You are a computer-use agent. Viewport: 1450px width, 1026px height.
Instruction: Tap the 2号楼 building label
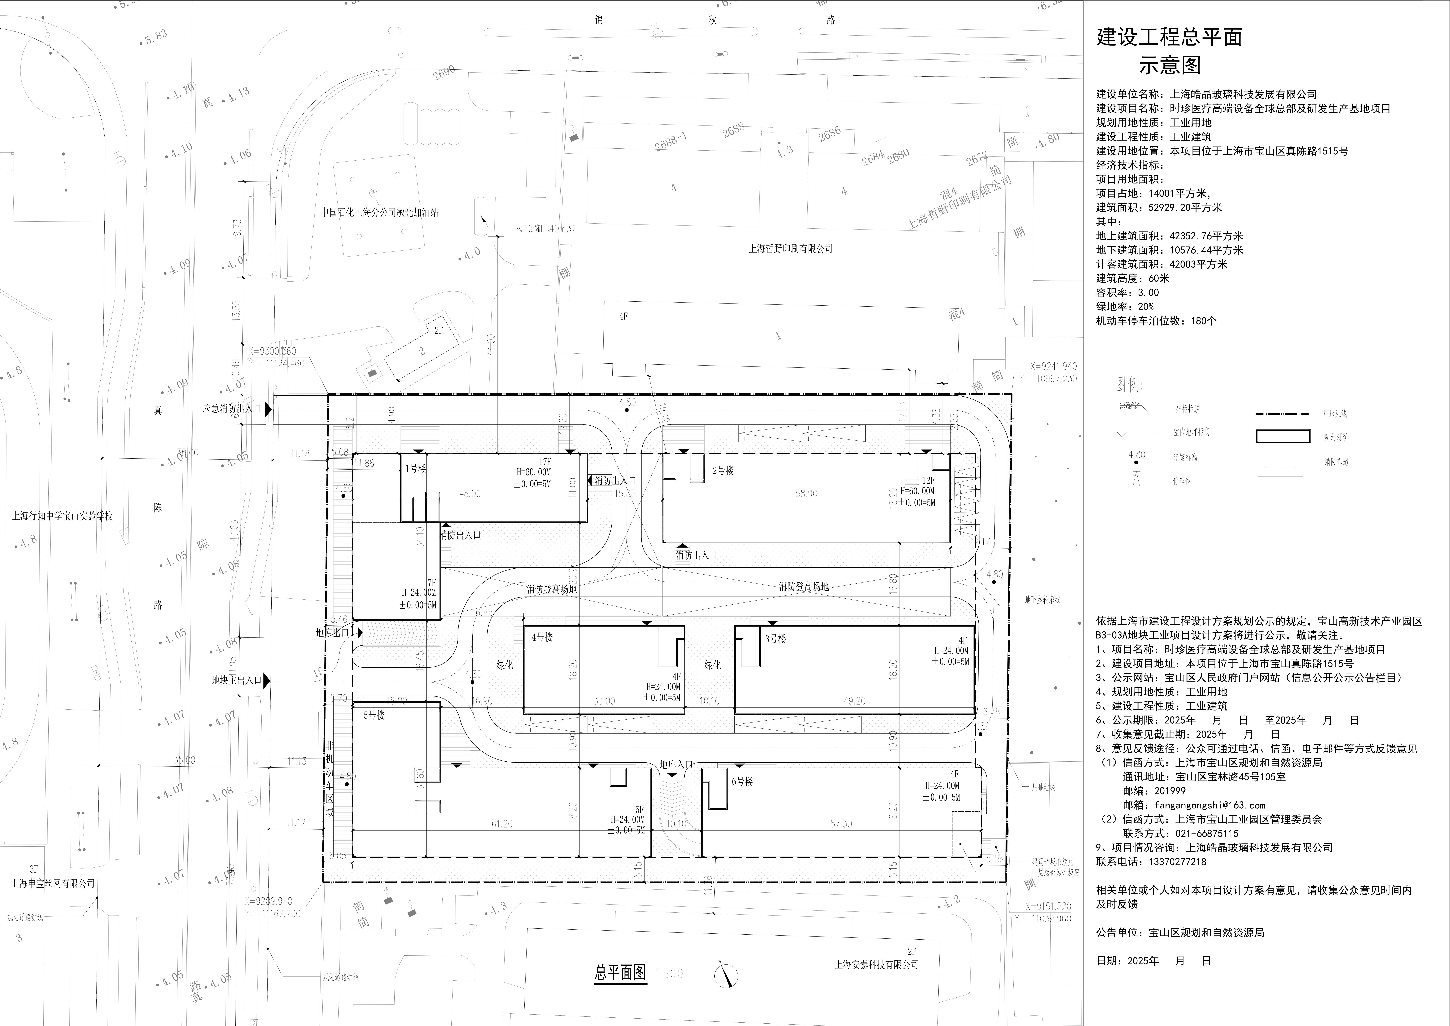(722, 471)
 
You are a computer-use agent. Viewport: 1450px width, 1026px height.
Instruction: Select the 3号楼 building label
(775, 639)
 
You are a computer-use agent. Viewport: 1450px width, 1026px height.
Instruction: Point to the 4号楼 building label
(542, 638)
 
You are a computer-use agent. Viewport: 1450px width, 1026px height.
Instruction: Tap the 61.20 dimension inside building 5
(501, 824)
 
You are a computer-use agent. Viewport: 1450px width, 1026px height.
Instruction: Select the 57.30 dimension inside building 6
(841, 824)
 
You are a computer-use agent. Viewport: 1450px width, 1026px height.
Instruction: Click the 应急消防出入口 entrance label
(232, 409)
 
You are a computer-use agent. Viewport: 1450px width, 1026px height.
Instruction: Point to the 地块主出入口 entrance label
(236, 681)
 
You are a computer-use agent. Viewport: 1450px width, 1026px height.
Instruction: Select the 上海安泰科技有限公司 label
(876, 965)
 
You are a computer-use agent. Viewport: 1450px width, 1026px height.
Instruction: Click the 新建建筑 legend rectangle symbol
(1283, 436)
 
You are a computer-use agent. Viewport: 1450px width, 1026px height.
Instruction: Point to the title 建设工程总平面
(1169, 37)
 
